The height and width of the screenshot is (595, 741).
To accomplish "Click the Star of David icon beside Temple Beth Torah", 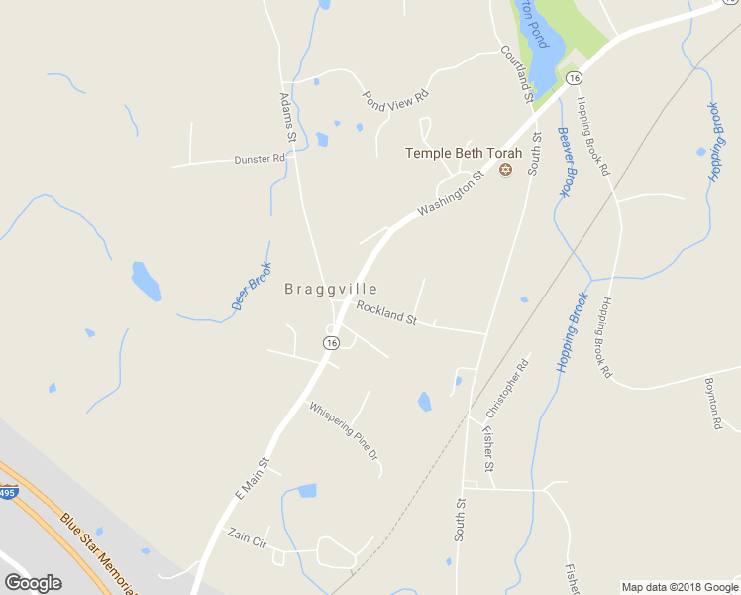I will click(506, 170).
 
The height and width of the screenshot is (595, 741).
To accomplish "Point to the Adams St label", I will click(287, 115).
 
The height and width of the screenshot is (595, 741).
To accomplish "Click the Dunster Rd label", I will click(260, 159).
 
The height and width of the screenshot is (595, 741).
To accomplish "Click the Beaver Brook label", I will click(565, 162).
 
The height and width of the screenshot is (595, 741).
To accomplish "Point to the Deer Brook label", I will click(251, 287).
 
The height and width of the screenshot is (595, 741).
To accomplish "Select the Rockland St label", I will click(386, 313).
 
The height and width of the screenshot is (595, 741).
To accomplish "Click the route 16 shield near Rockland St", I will click(331, 342).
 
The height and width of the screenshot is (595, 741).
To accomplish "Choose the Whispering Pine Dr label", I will click(344, 430).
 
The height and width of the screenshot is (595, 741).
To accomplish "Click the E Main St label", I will click(253, 477).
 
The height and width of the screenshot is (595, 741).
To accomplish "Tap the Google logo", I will click(33, 583).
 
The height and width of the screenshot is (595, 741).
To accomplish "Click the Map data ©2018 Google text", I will click(679, 587).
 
